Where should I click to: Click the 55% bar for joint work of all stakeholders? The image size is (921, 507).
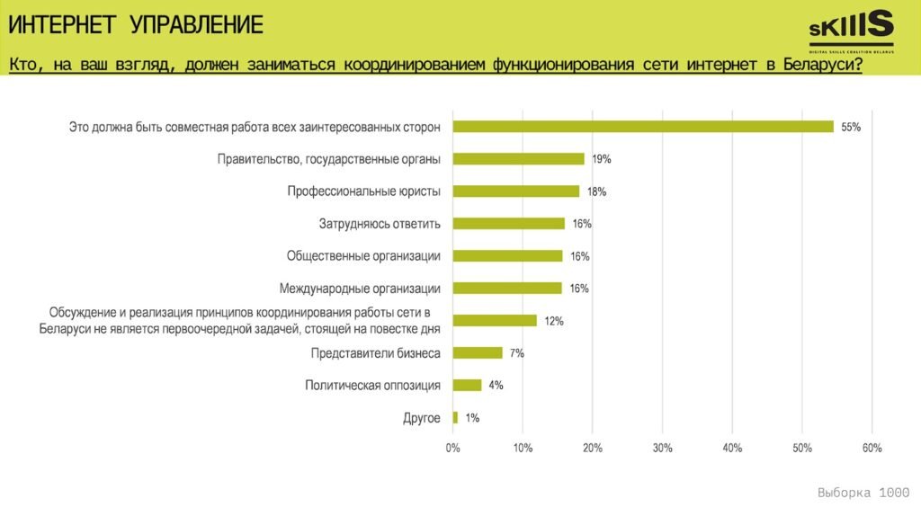click(643, 127)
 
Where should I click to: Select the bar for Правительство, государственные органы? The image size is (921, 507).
click(518, 159)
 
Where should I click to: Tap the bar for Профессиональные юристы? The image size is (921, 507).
click(515, 191)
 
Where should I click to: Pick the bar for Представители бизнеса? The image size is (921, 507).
click(478, 353)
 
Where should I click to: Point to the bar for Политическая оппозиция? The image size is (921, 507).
click(467, 386)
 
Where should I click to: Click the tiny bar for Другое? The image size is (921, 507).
click(455, 418)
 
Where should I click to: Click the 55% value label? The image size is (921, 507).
click(851, 128)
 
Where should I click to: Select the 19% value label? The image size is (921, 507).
click(602, 160)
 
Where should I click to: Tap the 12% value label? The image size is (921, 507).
click(553, 322)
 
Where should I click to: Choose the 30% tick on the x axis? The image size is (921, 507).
click(662, 448)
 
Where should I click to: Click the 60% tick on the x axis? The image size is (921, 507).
click(872, 448)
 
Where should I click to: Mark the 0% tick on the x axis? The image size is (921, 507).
click(452, 448)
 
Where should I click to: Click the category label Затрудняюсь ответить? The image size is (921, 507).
click(380, 224)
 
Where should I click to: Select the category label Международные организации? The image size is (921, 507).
click(360, 289)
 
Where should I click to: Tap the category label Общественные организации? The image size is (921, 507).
click(363, 256)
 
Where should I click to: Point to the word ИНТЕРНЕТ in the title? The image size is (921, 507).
click(62, 25)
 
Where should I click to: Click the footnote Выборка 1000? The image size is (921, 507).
click(863, 493)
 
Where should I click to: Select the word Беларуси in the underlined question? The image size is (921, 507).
click(821, 66)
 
